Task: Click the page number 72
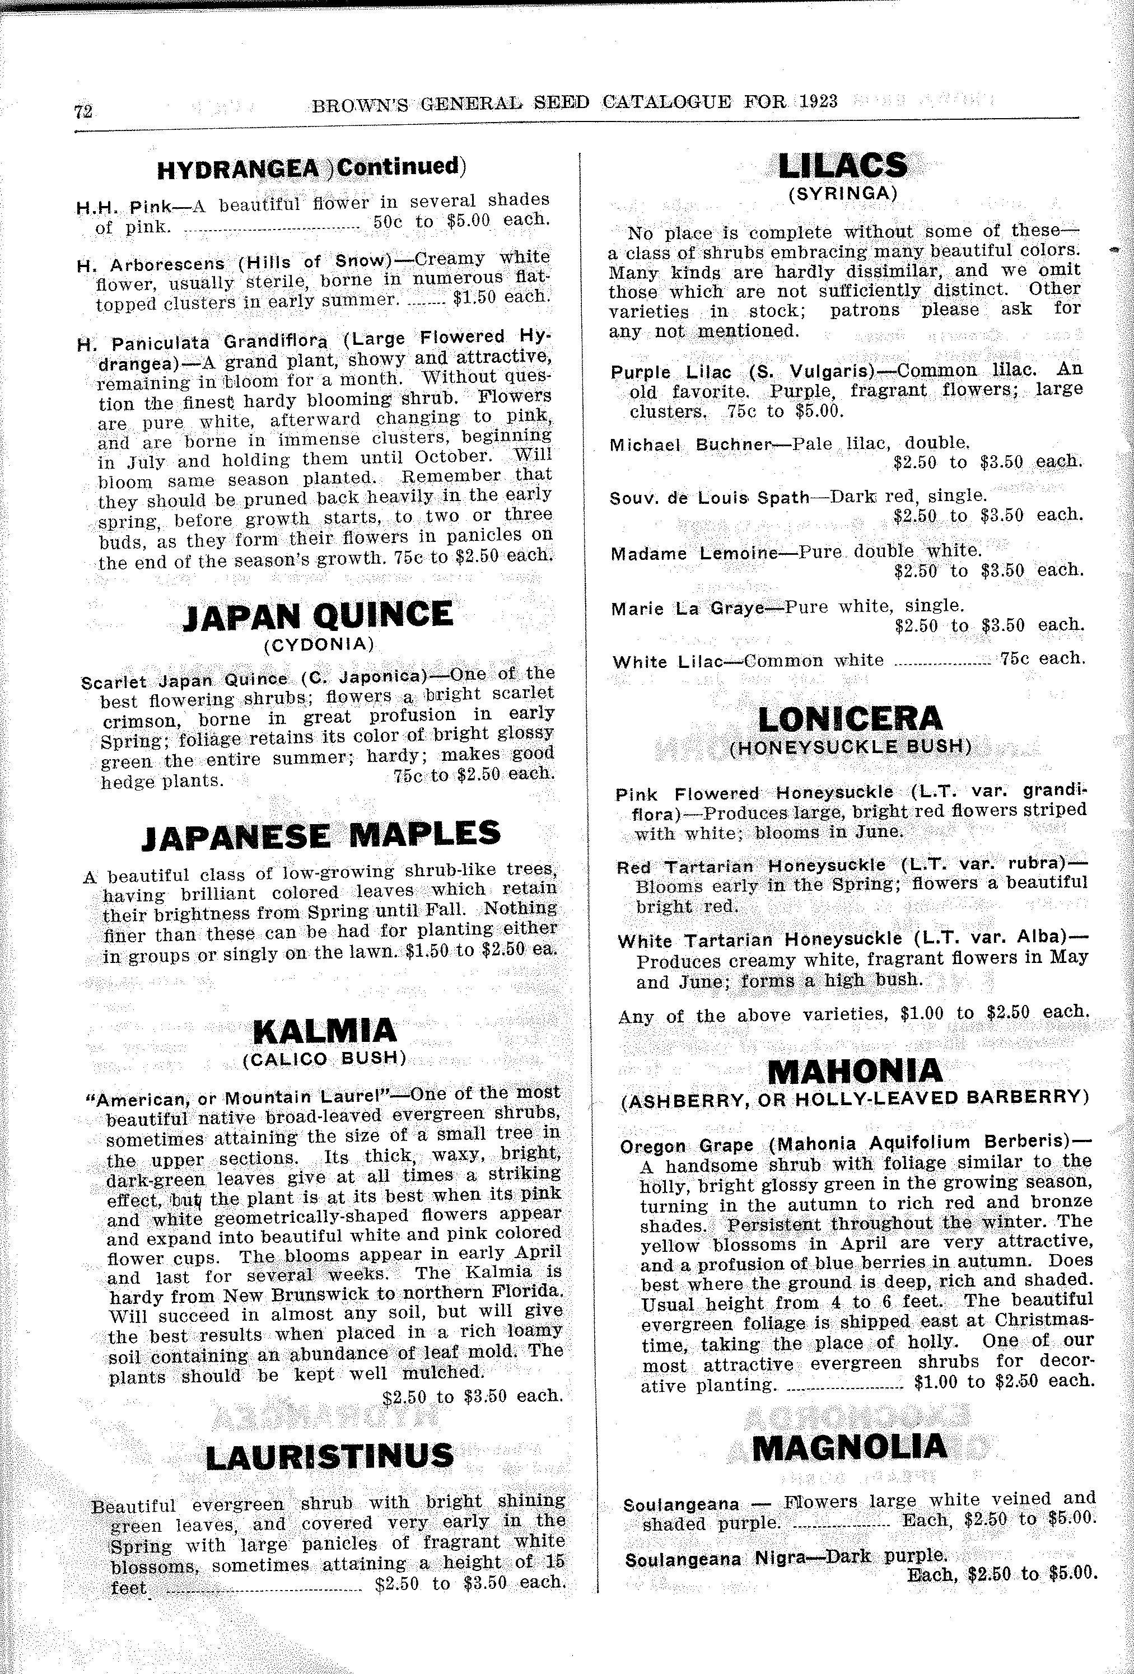(83, 111)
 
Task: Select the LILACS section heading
(842, 166)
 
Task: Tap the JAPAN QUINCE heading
(319, 616)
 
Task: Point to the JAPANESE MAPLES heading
(321, 835)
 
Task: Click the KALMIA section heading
(325, 1031)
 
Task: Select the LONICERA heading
(850, 719)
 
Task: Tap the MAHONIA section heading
(855, 1071)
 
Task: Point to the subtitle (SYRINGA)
(842, 194)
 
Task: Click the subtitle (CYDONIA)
(319, 644)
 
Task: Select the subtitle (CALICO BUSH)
(325, 1058)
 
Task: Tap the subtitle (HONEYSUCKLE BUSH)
(850, 747)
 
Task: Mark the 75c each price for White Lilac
(1042, 658)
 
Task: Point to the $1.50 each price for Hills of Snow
(501, 297)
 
